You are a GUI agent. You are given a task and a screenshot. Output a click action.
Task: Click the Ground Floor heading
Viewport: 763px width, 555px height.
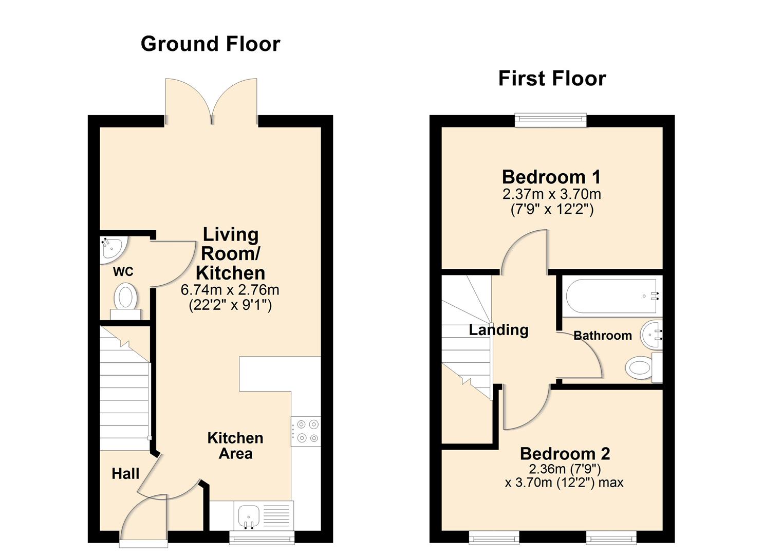coord(210,44)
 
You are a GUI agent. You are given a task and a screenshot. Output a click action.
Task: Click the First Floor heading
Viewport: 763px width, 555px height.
coord(552,79)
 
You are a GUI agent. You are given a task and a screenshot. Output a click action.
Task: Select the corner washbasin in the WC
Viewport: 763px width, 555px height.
coord(111,248)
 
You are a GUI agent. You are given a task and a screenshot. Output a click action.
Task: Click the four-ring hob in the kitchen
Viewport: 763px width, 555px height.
coord(306,431)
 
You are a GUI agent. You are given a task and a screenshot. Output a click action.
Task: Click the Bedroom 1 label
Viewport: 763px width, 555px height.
coord(551,177)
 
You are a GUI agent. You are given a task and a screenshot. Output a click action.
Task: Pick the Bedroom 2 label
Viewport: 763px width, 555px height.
coord(565,454)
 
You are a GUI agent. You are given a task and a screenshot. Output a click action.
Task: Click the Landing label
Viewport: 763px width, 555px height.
coord(498,329)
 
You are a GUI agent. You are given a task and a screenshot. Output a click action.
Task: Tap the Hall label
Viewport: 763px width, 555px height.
coord(125,473)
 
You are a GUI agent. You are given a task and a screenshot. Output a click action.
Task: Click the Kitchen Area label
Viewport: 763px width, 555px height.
coord(235,446)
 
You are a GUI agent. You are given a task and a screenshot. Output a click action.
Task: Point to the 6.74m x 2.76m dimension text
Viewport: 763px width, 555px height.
coord(230,290)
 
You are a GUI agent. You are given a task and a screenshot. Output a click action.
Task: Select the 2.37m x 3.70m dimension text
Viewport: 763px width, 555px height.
coord(551,194)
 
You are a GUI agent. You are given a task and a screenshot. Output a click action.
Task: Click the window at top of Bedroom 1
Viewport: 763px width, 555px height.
coord(551,120)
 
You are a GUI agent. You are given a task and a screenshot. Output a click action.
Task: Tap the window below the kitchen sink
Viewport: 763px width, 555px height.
coord(262,538)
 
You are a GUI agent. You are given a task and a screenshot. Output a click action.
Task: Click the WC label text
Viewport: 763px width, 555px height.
coord(123,271)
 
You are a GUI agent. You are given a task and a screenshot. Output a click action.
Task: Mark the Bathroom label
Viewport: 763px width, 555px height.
coord(602,336)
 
